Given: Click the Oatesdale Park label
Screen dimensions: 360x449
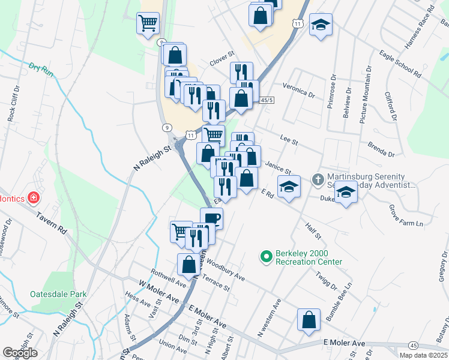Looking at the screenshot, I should tap(59, 294).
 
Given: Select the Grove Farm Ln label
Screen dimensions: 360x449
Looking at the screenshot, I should tap(406, 216).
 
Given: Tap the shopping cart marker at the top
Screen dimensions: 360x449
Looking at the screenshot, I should tap(148, 23).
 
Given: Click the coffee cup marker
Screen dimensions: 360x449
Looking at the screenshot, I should tap(211, 217).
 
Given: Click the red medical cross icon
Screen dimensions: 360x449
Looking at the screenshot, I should tap(34, 197).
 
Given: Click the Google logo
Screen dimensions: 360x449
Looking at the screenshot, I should tap(20, 352).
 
